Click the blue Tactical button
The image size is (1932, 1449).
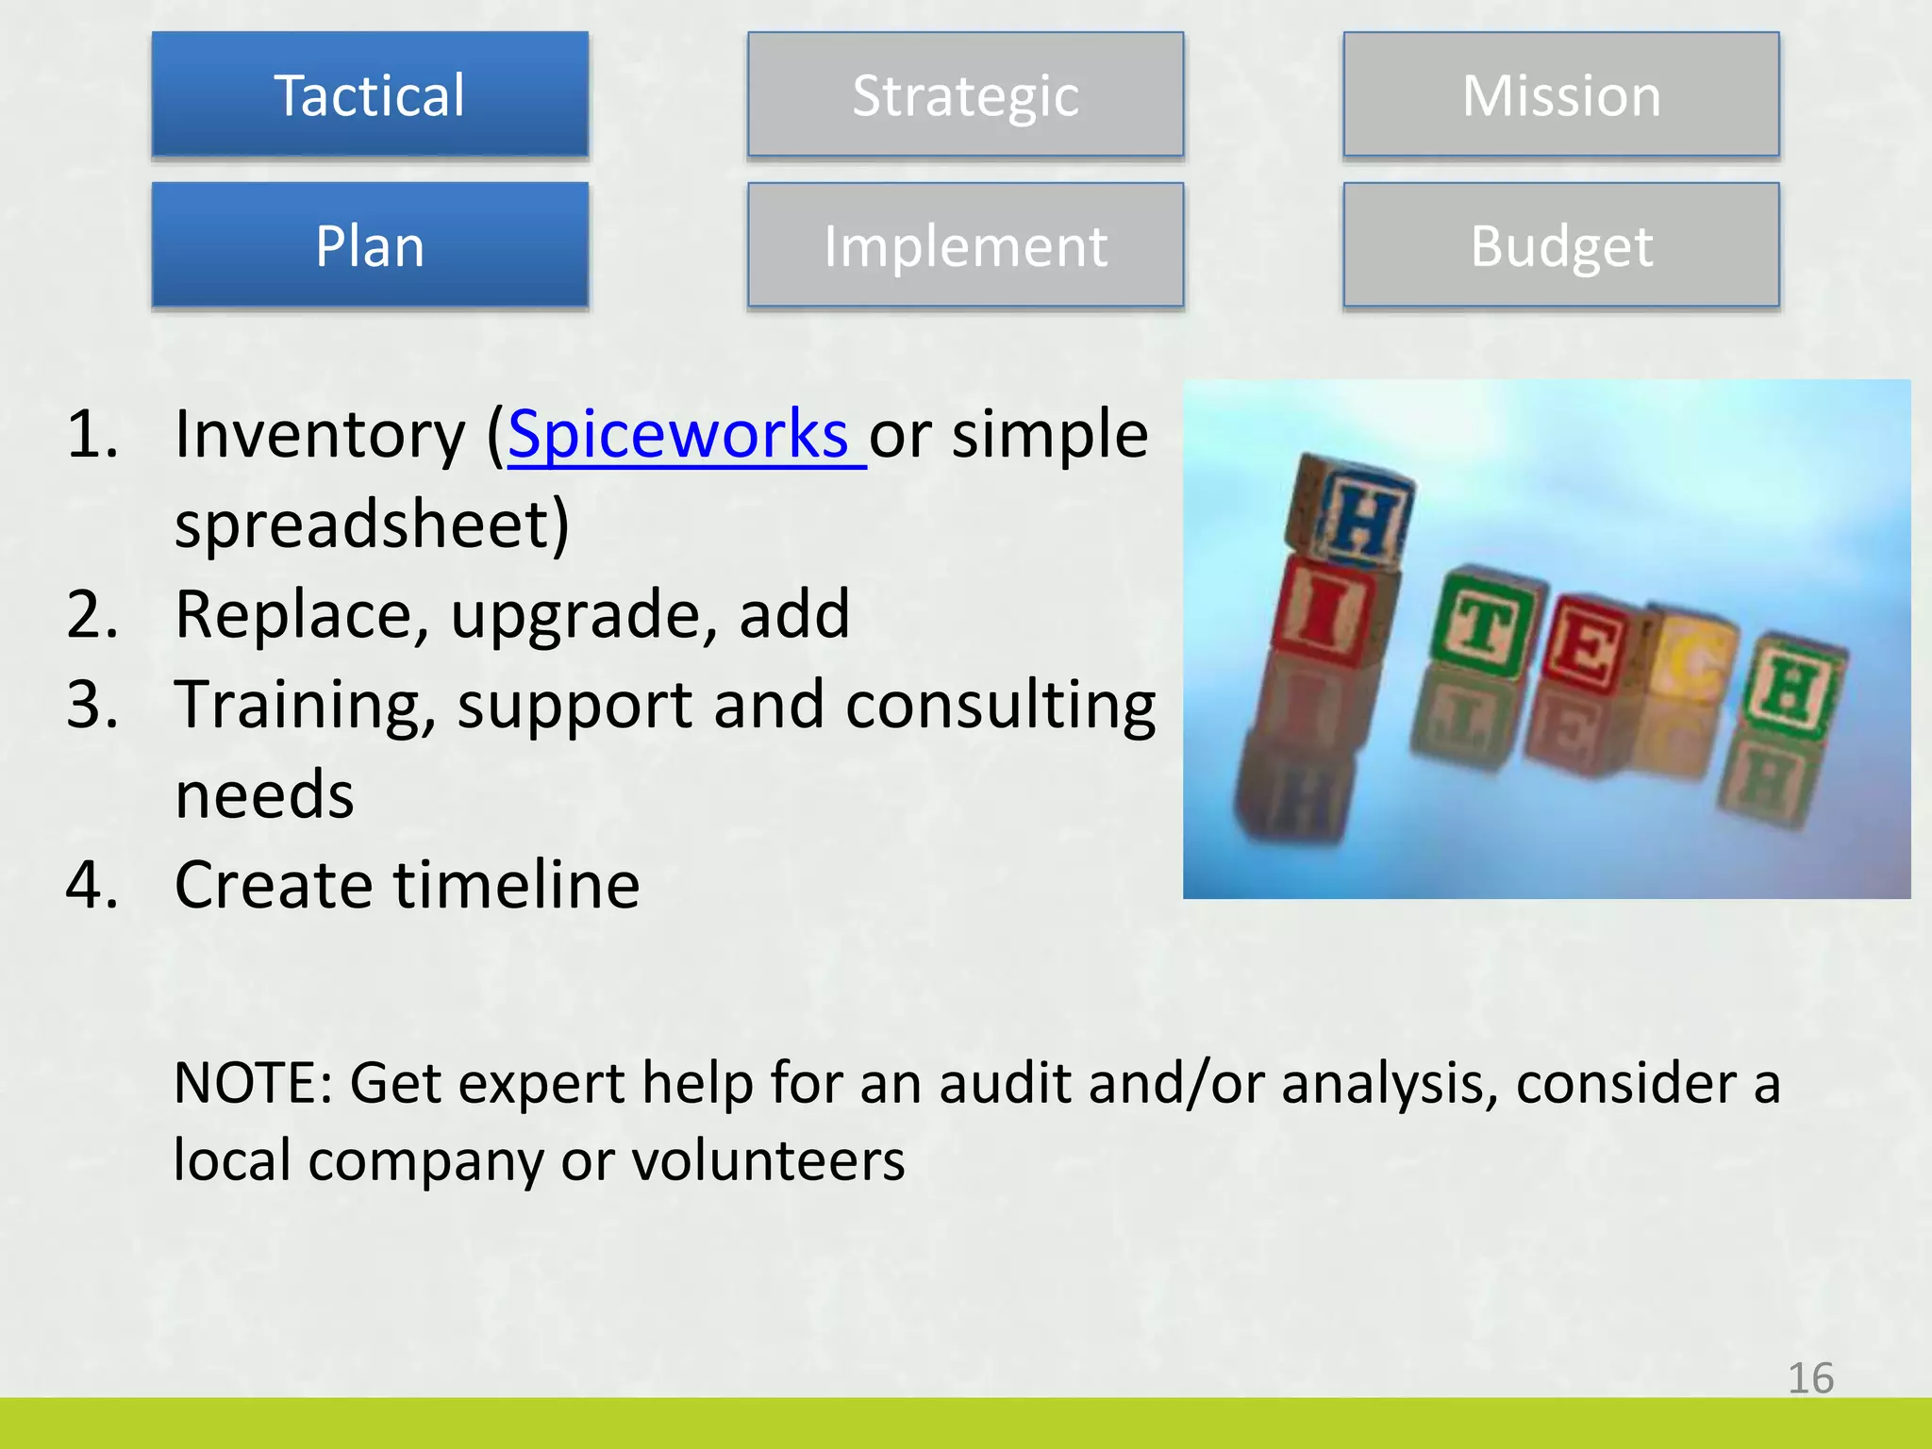(370, 94)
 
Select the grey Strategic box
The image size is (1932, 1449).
(965, 94)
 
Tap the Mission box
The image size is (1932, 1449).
(1561, 94)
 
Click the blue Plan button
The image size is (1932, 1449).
(370, 245)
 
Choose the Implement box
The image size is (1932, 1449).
(965, 245)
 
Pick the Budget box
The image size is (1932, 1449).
(1561, 245)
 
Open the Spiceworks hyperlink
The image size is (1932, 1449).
(679, 434)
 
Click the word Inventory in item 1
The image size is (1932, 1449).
(321, 434)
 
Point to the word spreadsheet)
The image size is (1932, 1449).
(372, 525)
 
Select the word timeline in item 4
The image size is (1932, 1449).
(516, 885)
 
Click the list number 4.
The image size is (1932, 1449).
(92, 885)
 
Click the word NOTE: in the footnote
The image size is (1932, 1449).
(253, 1082)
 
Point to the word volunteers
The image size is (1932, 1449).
(768, 1159)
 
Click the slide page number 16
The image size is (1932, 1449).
(1810, 1378)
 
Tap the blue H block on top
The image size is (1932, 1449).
(1354, 514)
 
